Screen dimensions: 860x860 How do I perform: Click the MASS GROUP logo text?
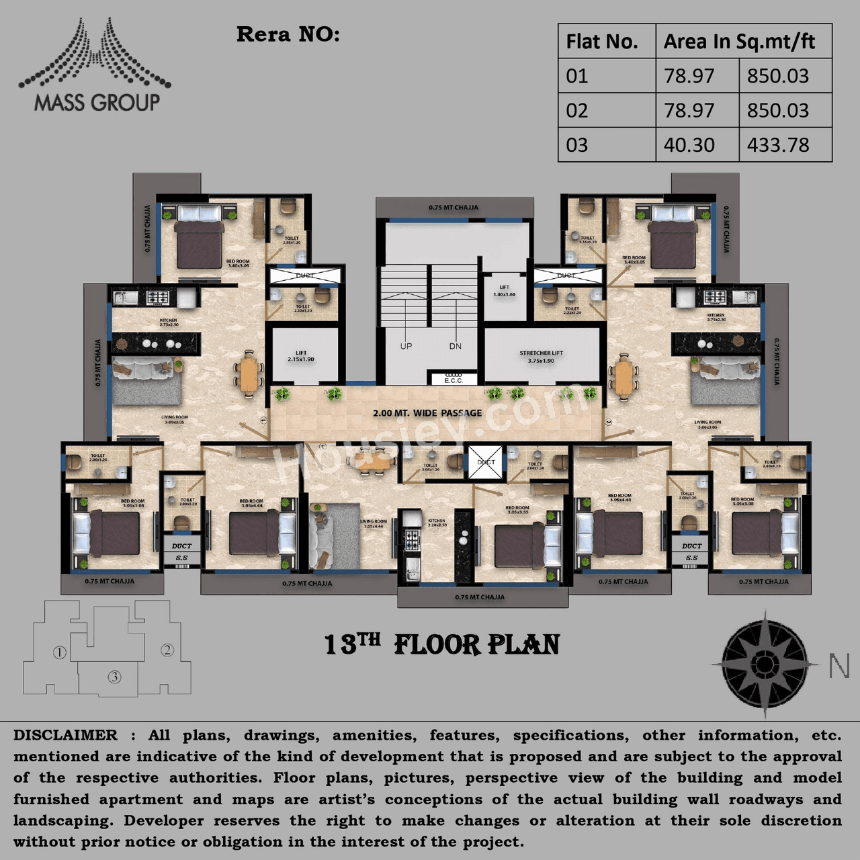[x=97, y=103]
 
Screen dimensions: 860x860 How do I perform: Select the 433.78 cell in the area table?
[x=778, y=145]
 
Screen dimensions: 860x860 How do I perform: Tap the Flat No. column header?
[x=602, y=42]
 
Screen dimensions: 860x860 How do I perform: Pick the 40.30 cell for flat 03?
[x=689, y=145]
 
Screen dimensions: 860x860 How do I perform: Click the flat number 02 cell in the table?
[x=577, y=110]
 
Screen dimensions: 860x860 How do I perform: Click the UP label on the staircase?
[x=406, y=346]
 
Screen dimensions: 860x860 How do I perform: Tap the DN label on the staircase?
[x=456, y=346]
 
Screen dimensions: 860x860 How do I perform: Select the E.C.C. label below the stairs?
[x=454, y=380]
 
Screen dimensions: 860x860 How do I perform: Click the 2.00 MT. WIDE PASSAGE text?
[x=427, y=413]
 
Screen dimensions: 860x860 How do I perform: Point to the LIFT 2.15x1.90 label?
[x=300, y=356]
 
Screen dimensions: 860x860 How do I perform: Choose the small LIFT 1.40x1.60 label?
[x=504, y=291]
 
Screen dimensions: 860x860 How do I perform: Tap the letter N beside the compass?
[x=839, y=666]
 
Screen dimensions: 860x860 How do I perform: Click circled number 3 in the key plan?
[x=115, y=677]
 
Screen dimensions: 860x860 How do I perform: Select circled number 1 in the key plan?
[x=60, y=652]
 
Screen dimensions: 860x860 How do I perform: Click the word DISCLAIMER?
[x=65, y=735]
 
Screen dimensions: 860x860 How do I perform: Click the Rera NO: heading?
[x=288, y=34]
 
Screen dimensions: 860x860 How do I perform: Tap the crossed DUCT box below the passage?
[x=486, y=462]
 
